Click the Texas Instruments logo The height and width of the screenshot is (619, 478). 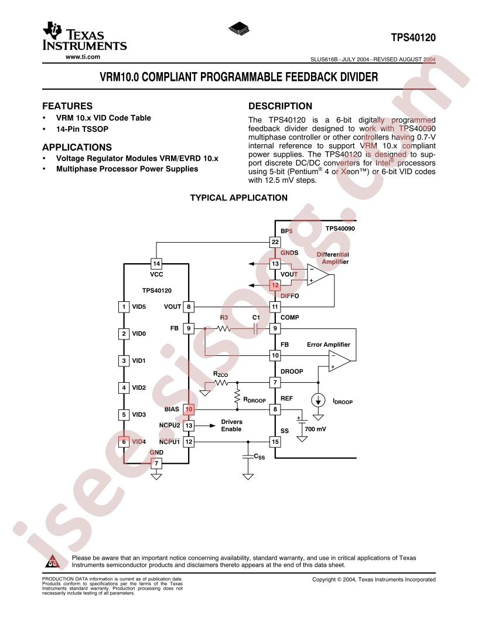tap(84, 36)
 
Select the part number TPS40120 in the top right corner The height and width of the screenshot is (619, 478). tap(414, 38)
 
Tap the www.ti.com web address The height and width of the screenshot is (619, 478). tap(83, 57)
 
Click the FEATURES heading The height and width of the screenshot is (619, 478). tap(67, 106)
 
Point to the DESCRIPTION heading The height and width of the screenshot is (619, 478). tap(280, 106)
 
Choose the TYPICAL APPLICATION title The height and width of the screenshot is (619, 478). tap(238, 198)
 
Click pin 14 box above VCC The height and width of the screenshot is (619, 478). tap(156, 264)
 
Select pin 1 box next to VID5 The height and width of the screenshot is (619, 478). tap(124, 307)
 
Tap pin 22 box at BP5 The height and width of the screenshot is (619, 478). tap(275, 242)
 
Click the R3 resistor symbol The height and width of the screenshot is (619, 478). tap(224, 328)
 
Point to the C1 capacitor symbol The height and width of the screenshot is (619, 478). tap(255, 328)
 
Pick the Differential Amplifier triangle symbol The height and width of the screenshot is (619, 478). tap(318, 275)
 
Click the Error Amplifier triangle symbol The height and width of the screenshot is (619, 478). tap(340, 361)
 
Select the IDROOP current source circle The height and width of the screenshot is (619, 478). tap(318, 401)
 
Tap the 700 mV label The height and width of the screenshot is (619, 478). tap(316, 429)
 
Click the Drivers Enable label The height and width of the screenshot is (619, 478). tap(231, 426)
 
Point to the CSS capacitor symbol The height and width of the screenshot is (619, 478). tap(248, 457)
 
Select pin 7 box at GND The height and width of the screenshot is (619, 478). tap(156, 463)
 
